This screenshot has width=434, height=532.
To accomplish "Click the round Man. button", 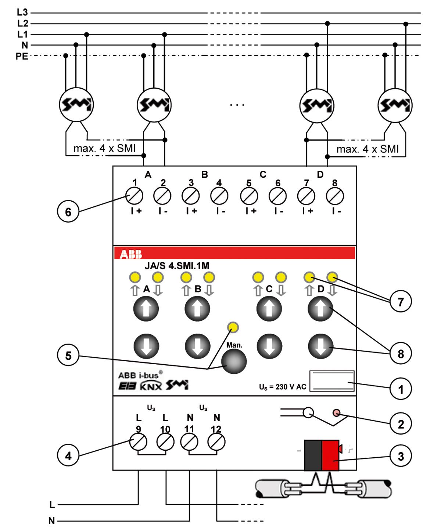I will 234,361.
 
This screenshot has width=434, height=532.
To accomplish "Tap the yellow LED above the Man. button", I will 233,327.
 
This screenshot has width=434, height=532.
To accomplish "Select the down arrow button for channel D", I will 320,346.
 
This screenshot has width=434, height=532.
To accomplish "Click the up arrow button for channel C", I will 269,309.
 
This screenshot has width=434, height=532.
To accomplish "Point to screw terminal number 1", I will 134,196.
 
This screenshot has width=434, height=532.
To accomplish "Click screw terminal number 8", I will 335,196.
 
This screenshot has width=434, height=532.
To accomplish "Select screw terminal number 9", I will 138,441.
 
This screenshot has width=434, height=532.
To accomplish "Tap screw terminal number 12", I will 216,441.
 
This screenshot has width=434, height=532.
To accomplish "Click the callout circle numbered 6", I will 68,212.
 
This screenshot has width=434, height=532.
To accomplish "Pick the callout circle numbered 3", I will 401,456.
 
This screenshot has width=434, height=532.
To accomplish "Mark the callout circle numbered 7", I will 401,302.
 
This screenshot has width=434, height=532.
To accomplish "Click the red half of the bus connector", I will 330,455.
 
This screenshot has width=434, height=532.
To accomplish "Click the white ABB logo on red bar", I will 131,254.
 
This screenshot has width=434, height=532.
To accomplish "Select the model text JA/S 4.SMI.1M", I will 177,266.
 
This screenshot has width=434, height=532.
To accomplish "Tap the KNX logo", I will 151,386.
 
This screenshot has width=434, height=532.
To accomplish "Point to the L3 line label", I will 22,13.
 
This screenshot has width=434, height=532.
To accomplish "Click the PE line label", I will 21,56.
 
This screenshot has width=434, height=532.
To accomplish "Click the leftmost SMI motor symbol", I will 76,105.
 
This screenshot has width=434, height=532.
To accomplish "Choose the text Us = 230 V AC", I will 282,387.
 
